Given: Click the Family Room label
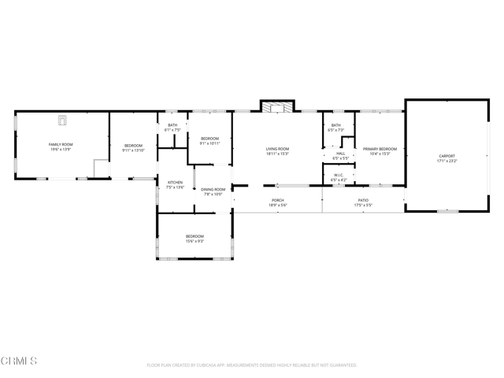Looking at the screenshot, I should tap(61, 145).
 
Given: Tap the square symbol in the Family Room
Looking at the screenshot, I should tap(62, 120).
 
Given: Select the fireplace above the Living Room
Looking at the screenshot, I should tap(276, 108).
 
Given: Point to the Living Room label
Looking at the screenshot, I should tap(277, 149).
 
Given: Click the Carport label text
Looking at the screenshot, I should tap(447, 157).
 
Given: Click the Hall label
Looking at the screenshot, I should tap(340, 154).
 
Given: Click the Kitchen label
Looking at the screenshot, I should tap(175, 183).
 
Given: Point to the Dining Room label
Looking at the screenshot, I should tap(213, 190).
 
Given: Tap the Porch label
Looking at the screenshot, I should tap(277, 201).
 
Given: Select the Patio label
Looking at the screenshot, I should tap(363, 201).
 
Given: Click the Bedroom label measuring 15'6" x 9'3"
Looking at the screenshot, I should tap(195, 236).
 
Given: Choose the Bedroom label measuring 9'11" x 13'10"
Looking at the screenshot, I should tap(134, 145).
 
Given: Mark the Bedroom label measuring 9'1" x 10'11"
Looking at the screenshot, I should tap(209, 139).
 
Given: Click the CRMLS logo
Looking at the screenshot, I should tap(20, 361).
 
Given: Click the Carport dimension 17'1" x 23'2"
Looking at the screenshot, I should tap(447, 161).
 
